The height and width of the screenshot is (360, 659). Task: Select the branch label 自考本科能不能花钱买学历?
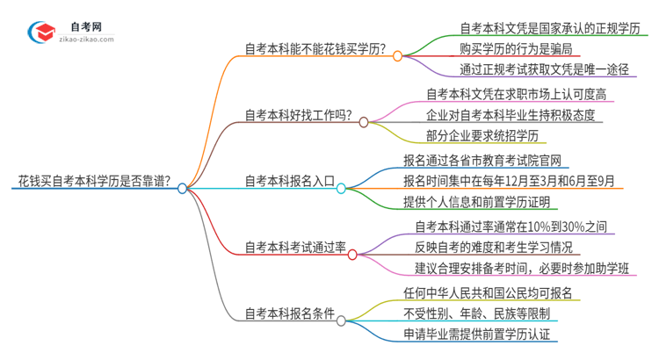tap(315, 49)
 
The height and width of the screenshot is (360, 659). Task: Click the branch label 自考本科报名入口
tap(289, 182)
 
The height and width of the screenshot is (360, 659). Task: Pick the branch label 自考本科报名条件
tap(289, 313)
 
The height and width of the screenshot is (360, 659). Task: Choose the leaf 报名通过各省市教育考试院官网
tap(482, 161)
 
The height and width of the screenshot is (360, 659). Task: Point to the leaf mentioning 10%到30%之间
tap(511, 227)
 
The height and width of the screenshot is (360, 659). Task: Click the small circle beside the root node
tap(183, 188)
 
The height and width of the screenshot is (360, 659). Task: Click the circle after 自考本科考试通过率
tap(352, 255)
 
